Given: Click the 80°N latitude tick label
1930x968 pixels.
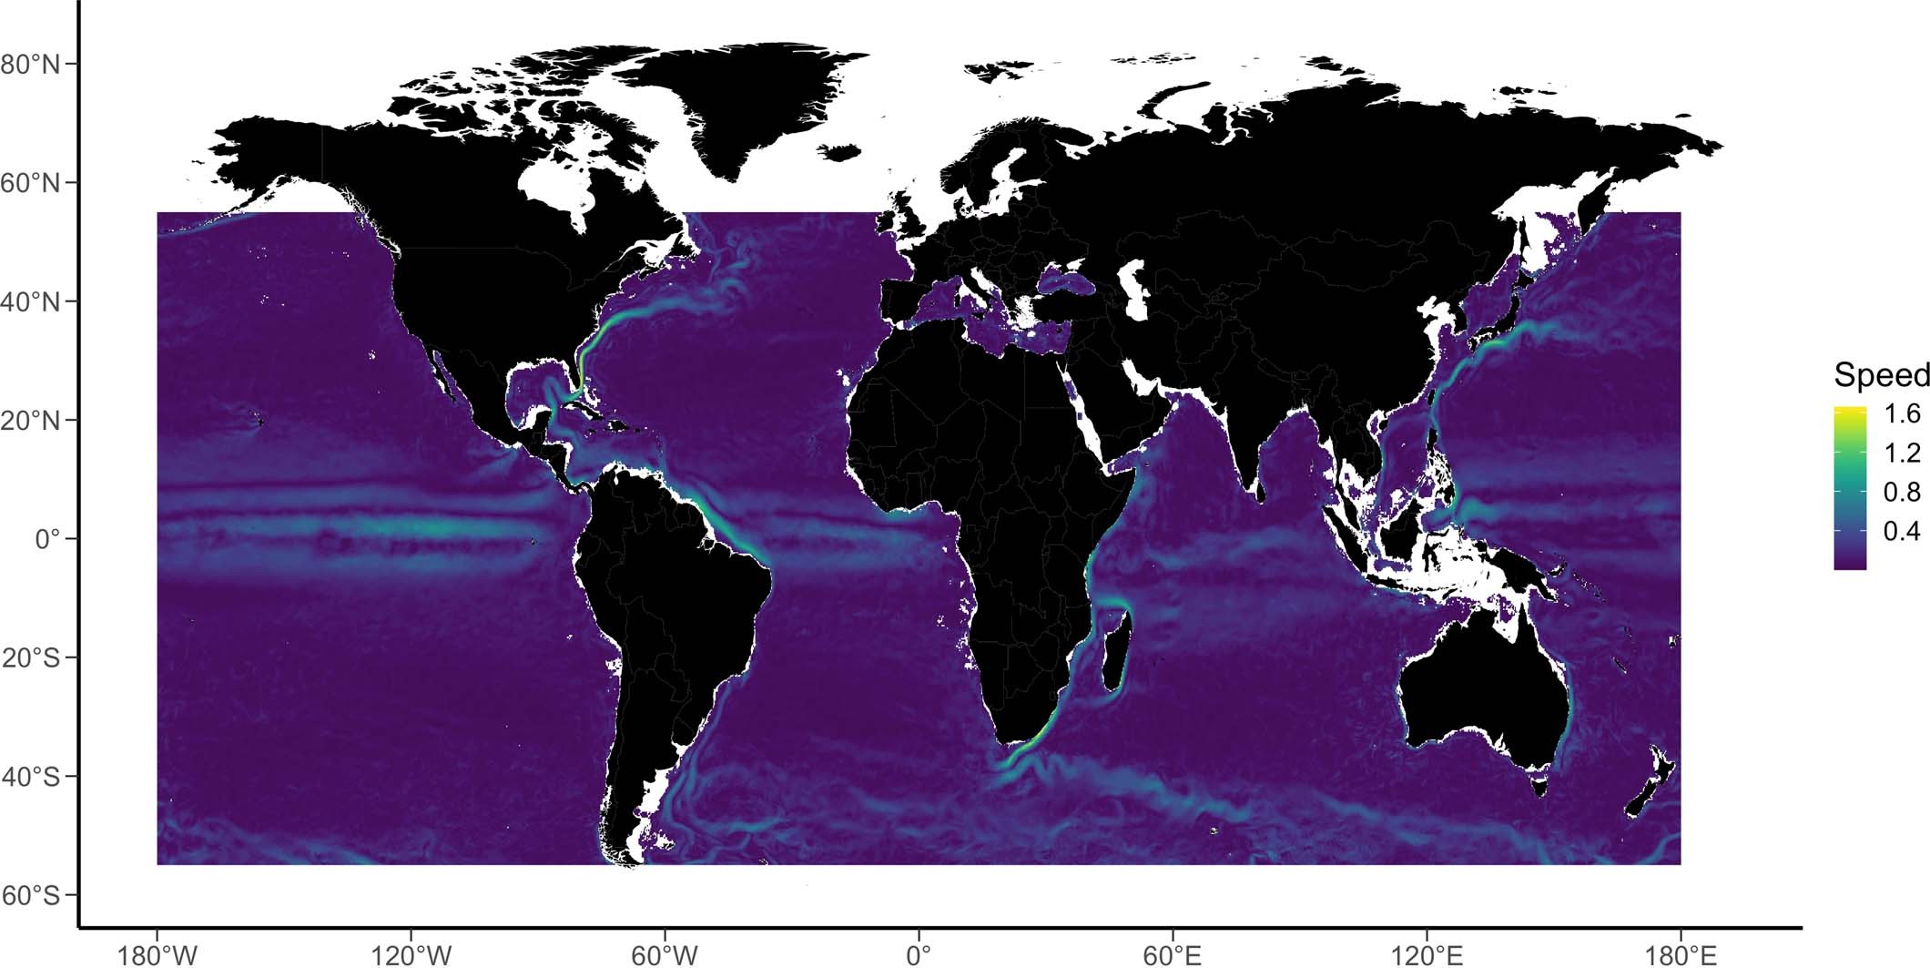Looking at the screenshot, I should point(30,65).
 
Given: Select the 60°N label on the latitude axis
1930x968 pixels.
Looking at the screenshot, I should point(30,183).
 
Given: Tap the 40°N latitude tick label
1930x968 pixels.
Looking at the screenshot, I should point(30,301).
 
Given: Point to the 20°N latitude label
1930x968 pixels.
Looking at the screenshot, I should point(30,421).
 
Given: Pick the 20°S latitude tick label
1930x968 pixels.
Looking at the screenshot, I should point(30,657).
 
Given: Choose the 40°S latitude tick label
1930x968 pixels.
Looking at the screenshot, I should point(30,777).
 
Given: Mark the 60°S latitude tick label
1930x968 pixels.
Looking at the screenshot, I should point(30,895).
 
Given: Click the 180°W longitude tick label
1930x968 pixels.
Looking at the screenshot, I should point(157,955).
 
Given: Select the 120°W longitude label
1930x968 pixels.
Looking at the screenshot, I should point(411,955).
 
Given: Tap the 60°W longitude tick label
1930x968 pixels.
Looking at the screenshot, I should point(665,955).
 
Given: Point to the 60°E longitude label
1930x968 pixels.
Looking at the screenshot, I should point(1173,955).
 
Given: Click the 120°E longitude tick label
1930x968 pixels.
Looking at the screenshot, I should point(1427,955).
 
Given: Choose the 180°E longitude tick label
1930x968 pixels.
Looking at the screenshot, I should point(1681,955).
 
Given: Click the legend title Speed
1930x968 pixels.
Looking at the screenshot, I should point(1881,375).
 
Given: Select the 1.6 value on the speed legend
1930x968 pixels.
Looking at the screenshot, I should point(1902,414).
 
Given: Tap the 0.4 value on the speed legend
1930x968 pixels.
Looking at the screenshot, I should point(1902,531).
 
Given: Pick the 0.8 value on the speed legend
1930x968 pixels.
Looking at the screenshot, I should point(1902,492).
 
